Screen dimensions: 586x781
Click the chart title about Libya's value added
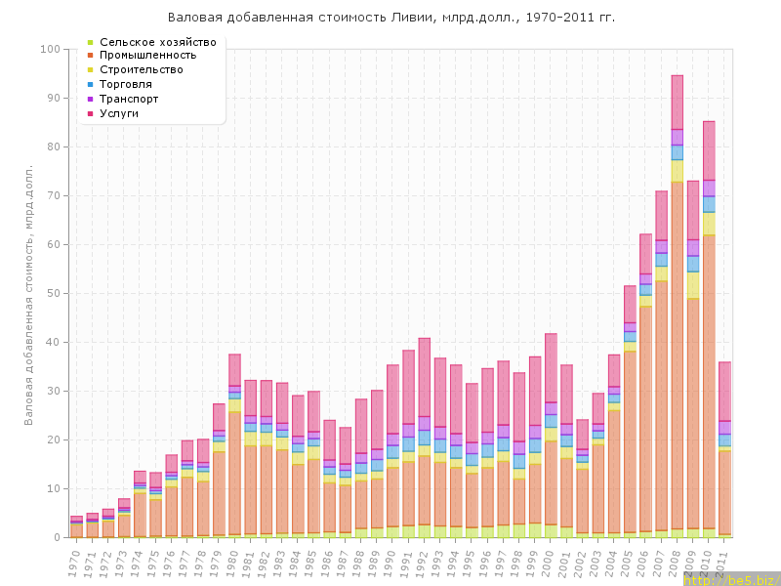(x=391, y=18)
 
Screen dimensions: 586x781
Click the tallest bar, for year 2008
(x=677, y=313)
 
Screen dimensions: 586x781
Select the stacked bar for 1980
(x=234, y=449)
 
